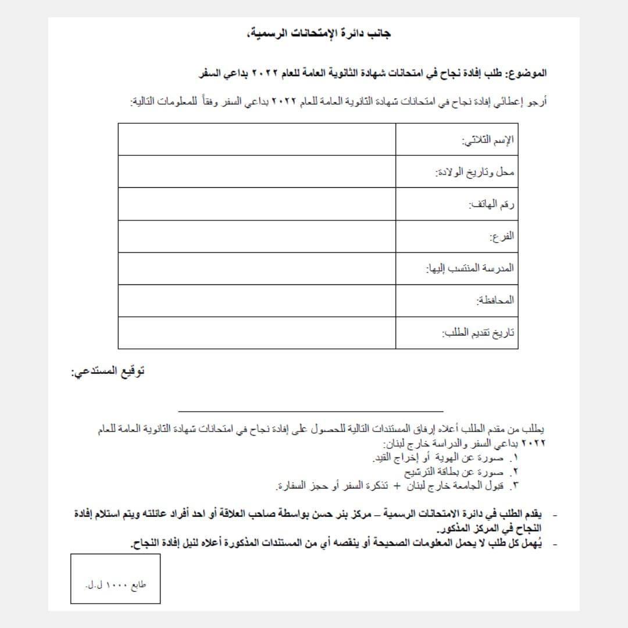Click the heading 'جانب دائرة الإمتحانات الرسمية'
(x=319, y=34)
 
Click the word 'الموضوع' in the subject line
(x=527, y=74)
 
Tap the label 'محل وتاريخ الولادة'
(x=475, y=173)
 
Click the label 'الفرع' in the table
(x=502, y=237)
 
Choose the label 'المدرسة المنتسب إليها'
(x=470, y=269)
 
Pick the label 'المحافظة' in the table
(x=495, y=301)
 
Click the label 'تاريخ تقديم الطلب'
(x=478, y=333)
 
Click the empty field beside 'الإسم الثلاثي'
(x=256, y=140)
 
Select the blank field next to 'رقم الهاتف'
(x=256, y=204)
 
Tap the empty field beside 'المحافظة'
(x=256, y=301)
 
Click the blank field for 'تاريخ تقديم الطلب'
(x=256, y=333)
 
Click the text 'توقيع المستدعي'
(x=108, y=372)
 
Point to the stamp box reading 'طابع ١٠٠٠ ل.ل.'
(x=116, y=579)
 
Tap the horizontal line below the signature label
(x=311, y=411)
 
